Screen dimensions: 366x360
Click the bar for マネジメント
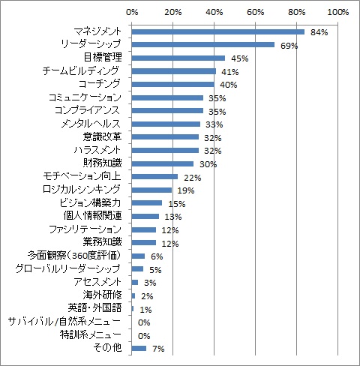(x=217, y=31)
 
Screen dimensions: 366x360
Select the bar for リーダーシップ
(x=202, y=45)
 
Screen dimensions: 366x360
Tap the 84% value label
(x=319, y=33)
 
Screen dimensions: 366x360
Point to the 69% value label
(x=289, y=46)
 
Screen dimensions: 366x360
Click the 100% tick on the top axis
(x=337, y=13)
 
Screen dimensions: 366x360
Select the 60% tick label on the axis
(x=255, y=13)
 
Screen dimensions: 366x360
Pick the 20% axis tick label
(x=172, y=13)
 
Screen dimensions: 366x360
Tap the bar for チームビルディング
(x=174, y=71)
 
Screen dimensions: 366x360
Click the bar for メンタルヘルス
(x=166, y=124)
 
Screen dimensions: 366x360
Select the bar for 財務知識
(x=163, y=163)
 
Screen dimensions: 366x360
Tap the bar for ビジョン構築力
(x=147, y=203)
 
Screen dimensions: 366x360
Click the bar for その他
(x=139, y=348)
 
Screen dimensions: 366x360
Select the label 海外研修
(x=107, y=295)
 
